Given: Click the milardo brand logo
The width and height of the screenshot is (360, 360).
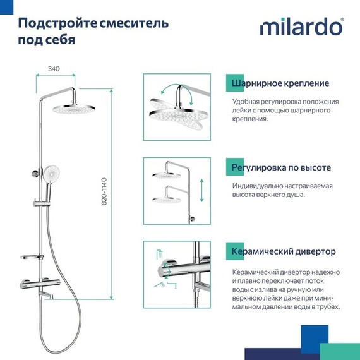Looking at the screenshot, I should (301, 28).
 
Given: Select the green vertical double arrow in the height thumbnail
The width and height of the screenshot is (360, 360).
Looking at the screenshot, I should (201, 189).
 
